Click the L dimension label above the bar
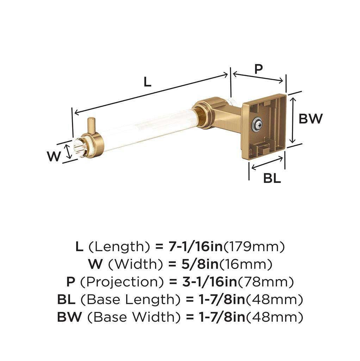(x=147, y=81)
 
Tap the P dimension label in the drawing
(x=259, y=68)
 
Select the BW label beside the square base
(x=310, y=118)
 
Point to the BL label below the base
(x=272, y=178)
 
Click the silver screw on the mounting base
(x=257, y=124)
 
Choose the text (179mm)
(x=254, y=247)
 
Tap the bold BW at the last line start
(x=69, y=317)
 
